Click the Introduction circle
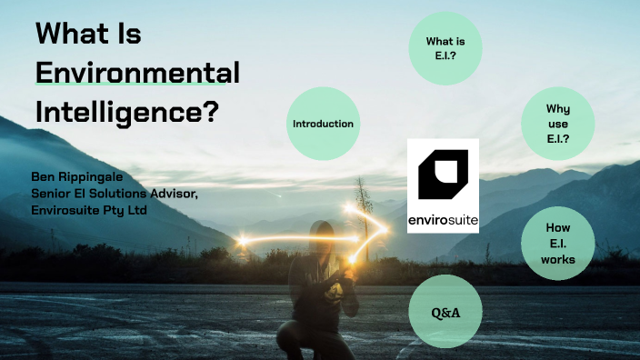[323, 124]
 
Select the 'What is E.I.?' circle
[445, 48]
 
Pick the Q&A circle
[445, 313]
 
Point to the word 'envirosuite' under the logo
[443, 219]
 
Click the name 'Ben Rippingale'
[76, 175]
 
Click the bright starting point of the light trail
[244, 241]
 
